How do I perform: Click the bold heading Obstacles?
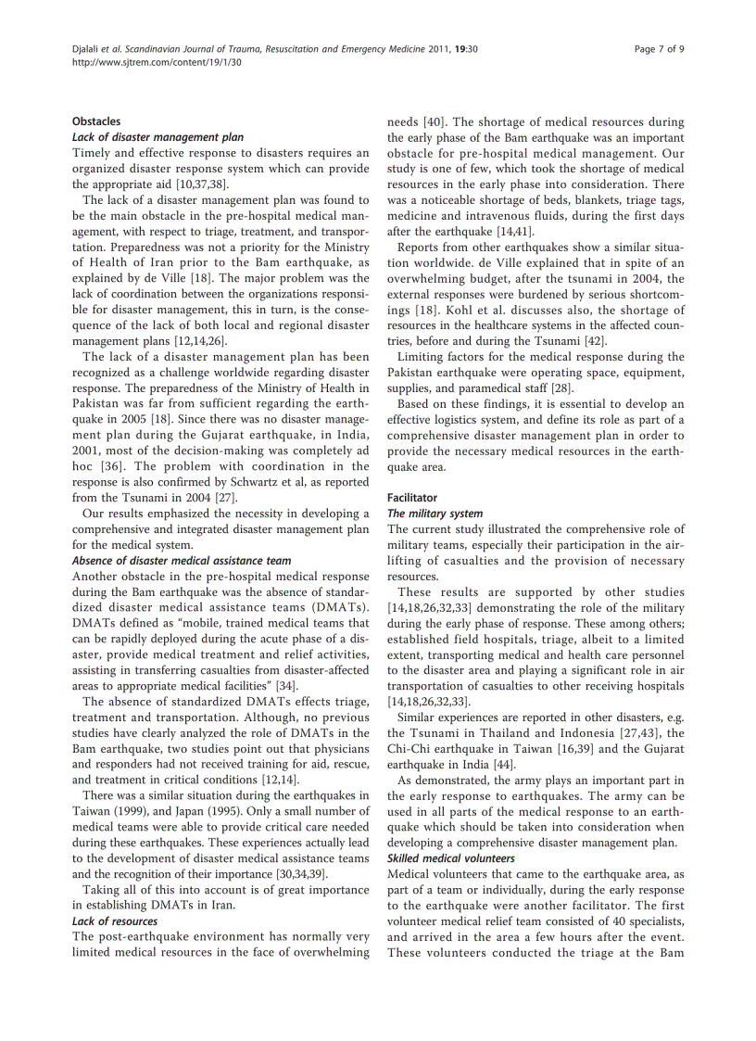(x=96, y=121)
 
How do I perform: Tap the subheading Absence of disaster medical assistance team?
(x=182, y=560)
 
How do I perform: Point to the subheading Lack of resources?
(x=115, y=920)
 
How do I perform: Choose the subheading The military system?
(x=435, y=513)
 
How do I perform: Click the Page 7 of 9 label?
(x=659, y=47)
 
